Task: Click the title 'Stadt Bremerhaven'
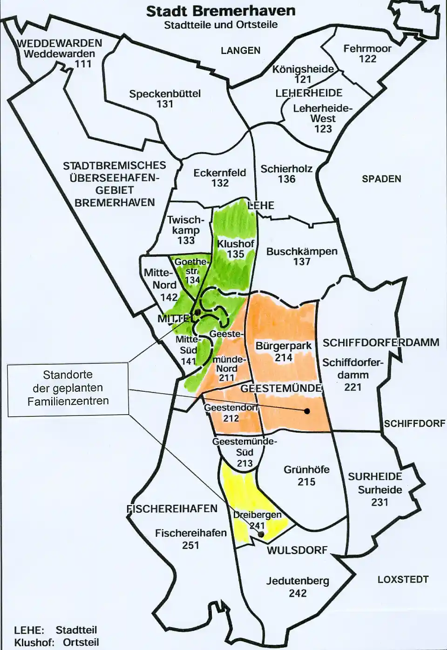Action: pos(220,11)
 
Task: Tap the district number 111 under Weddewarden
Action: pos(83,64)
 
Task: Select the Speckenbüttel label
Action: pos(165,94)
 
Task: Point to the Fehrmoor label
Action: pos(367,48)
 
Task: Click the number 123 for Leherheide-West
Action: pos(323,129)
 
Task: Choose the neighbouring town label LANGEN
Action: pos(240,50)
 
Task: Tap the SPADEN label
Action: pos(381,179)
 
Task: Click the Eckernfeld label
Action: pos(219,173)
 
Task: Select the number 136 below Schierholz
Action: pos(286,179)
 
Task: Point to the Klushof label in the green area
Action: pos(236,244)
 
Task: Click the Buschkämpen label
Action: pos(302,251)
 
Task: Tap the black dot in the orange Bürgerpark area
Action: pos(307,411)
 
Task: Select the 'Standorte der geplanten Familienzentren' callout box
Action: pos(68,388)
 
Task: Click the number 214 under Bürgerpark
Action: pos(283,357)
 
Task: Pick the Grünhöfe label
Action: pos(306,469)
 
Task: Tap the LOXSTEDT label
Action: pos(403,579)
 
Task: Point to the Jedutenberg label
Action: pos(298,581)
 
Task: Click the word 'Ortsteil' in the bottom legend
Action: pos(81,642)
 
